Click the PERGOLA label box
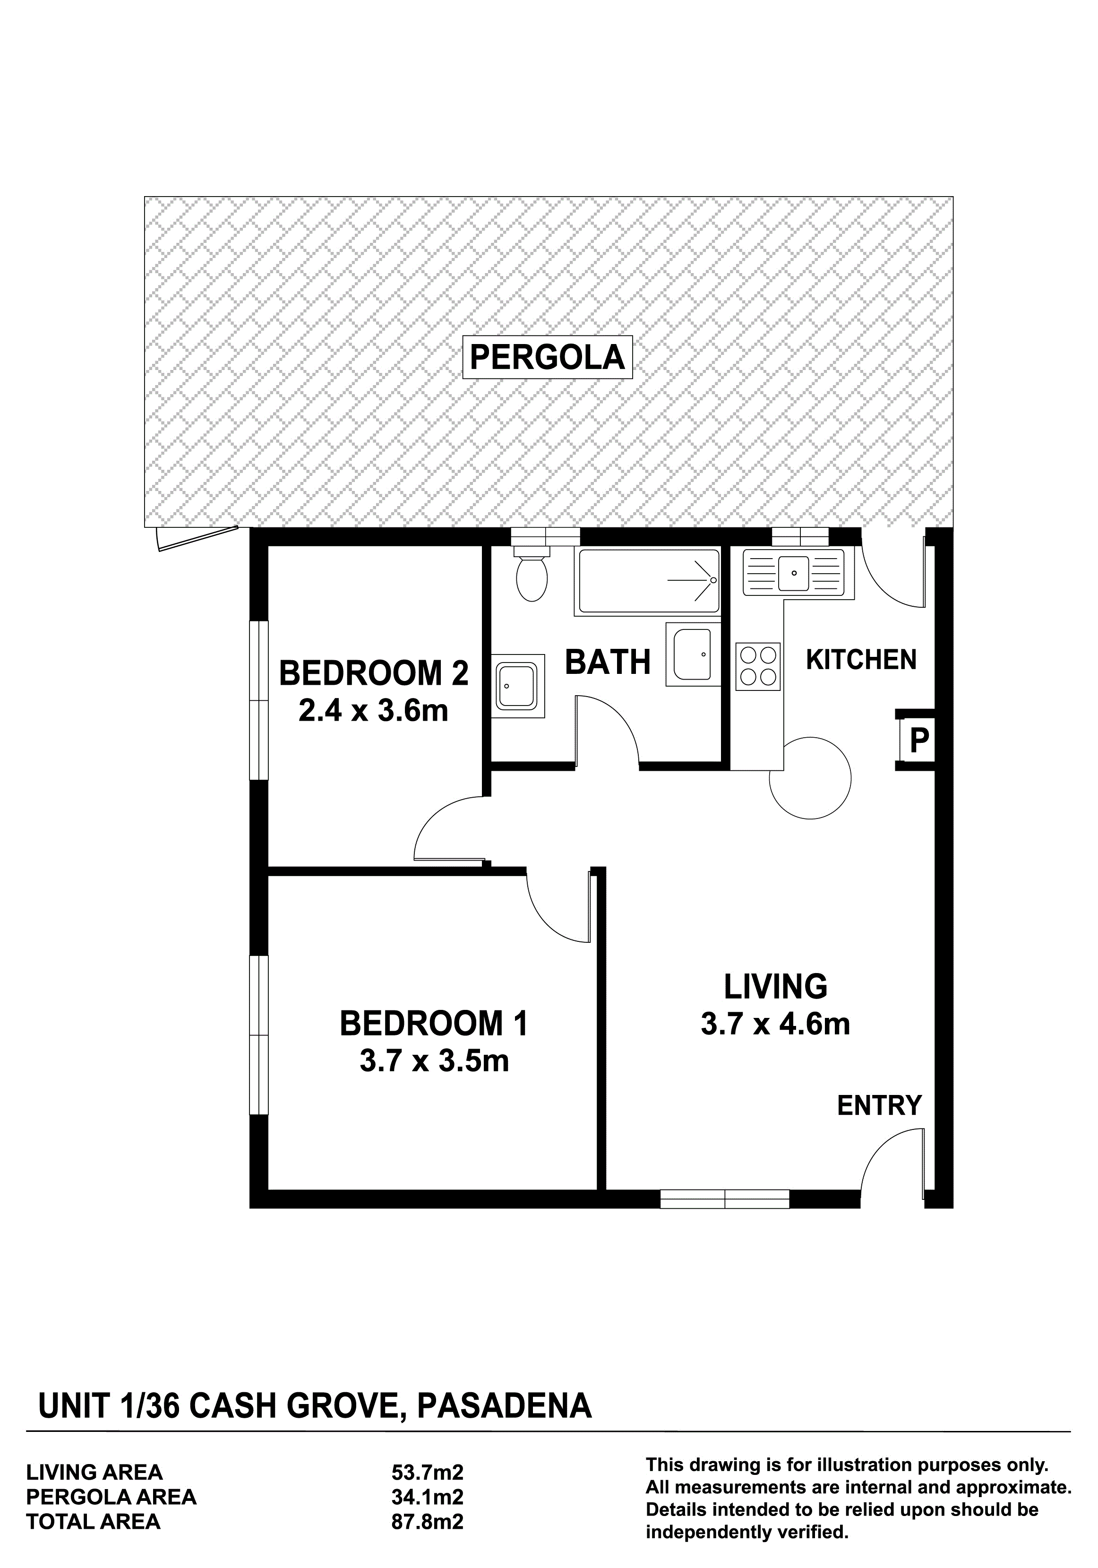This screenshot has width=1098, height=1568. pos(548,357)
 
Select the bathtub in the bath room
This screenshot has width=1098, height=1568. pos(648,582)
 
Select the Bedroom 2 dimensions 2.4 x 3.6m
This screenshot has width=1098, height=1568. pos(374,712)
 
